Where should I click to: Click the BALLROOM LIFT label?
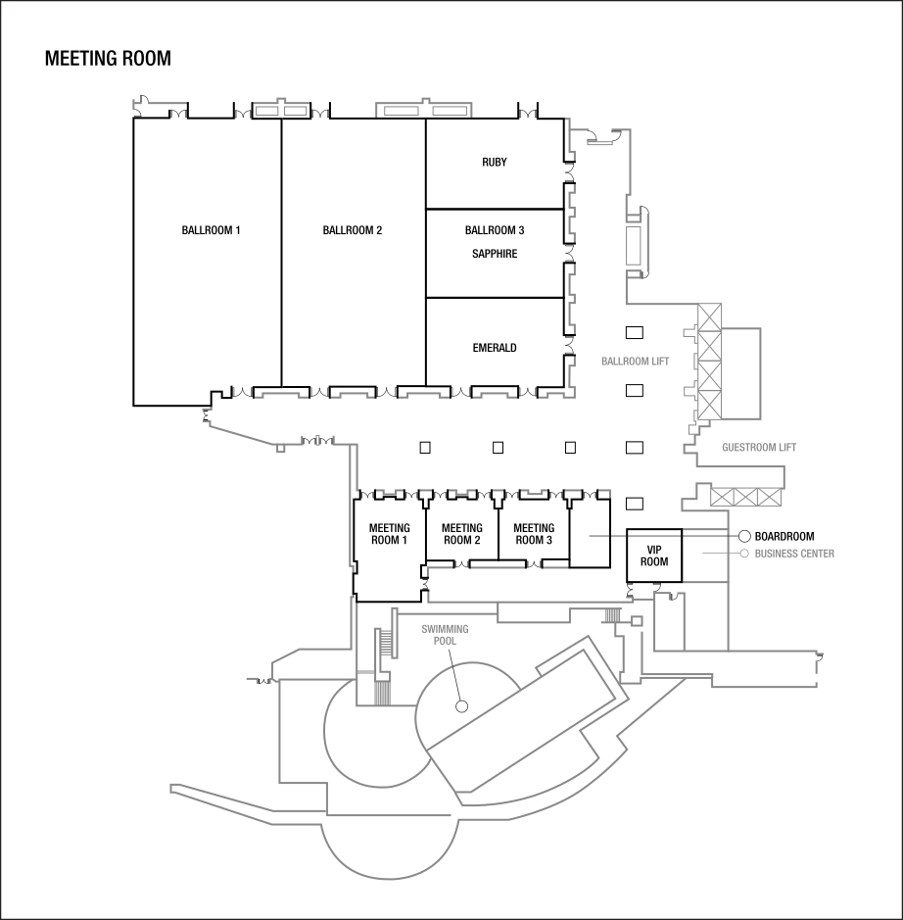(635, 362)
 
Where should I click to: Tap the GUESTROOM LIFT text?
(759, 448)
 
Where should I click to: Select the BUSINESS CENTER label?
(794, 554)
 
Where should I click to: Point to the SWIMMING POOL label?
(445, 634)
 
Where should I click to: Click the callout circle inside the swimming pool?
(461, 705)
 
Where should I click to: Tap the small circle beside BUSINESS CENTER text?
(744, 554)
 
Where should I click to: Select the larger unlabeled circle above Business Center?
(744, 536)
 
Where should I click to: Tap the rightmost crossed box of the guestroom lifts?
(770, 497)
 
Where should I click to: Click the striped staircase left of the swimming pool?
(386, 644)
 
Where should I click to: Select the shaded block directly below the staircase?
(382, 691)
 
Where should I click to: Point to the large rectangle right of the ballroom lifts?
(740, 371)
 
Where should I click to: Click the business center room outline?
(705, 556)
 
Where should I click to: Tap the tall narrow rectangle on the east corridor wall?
(634, 243)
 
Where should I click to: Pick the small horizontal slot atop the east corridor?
(599, 144)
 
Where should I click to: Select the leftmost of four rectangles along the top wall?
(267, 111)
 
